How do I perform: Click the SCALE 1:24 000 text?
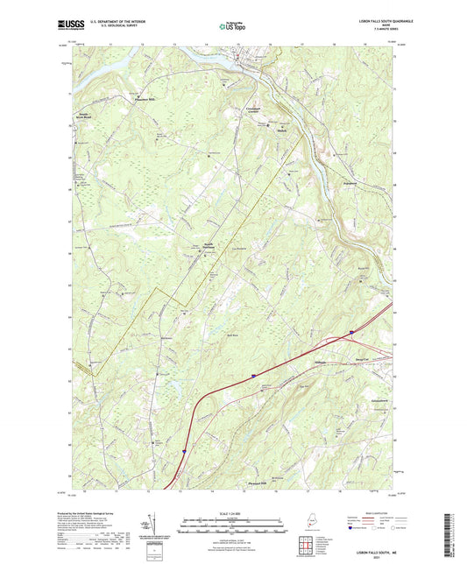[232, 511]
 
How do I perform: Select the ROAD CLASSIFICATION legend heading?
[383, 511]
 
